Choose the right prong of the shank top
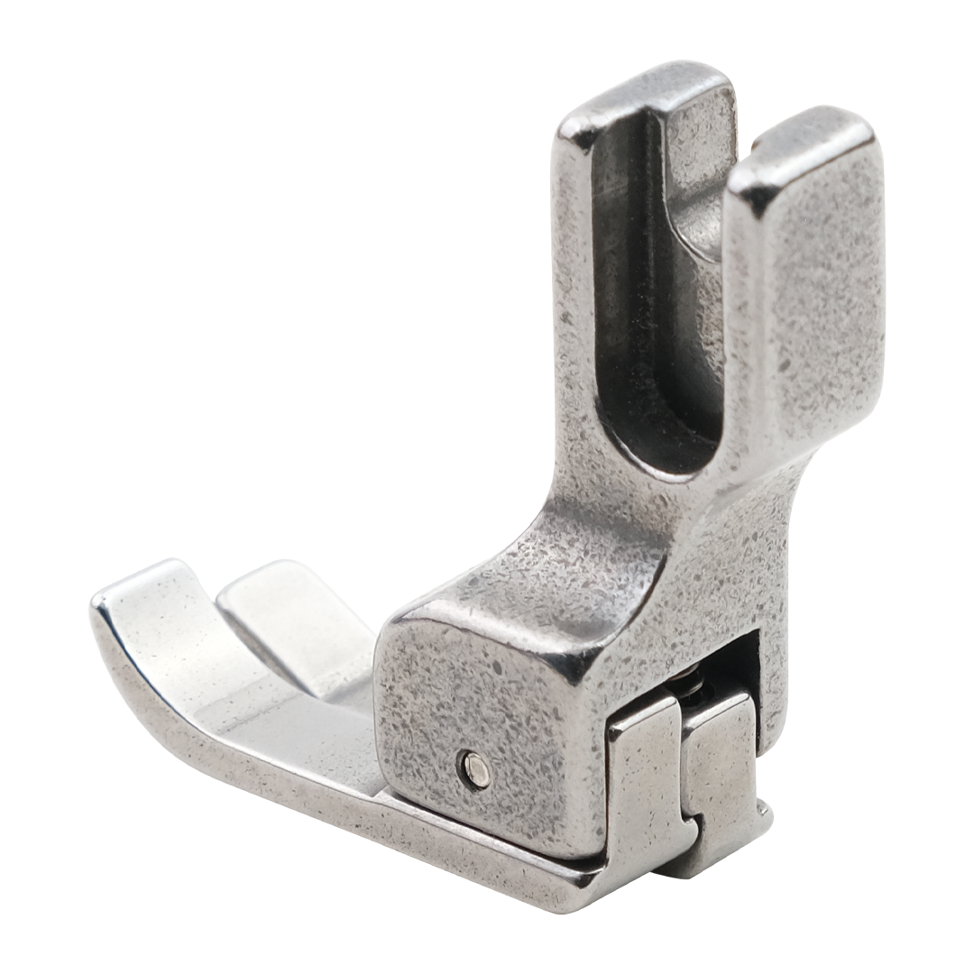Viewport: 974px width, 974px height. pyautogui.click(x=803, y=144)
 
